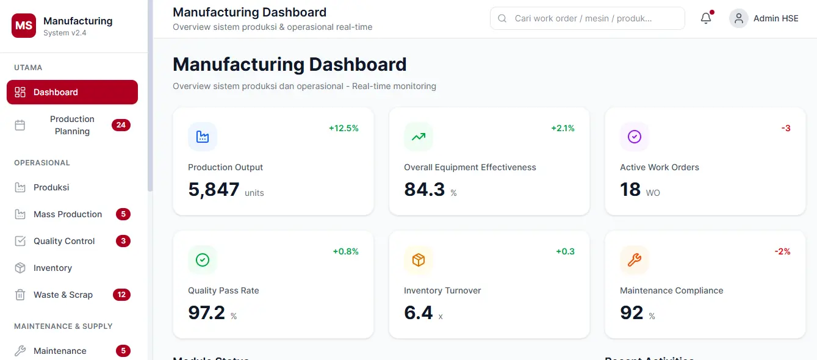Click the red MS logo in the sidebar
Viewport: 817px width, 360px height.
(x=24, y=26)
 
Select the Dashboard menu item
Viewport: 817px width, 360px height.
(x=72, y=92)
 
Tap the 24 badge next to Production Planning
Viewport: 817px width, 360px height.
(x=121, y=125)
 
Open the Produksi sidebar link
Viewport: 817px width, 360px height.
(x=51, y=187)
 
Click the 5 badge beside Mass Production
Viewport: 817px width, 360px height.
(x=123, y=214)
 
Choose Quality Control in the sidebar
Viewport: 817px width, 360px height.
(x=64, y=241)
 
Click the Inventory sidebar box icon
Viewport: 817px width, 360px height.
(x=20, y=268)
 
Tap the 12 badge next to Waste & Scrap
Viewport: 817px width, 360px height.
(x=121, y=295)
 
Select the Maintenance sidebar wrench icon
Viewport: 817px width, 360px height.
(x=20, y=351)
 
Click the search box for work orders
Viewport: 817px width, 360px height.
(x=587, y=18)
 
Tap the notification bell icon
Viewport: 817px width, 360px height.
(x=706, y=18)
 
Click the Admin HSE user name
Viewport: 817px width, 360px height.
(x=776, y=18)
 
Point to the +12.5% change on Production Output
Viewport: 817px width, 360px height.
(x=344, y=128)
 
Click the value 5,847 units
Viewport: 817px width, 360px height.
(x=214, y=190)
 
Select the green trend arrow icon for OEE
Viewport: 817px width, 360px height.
(x=419, y=137)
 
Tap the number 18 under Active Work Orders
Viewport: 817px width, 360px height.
(x=630, y=190)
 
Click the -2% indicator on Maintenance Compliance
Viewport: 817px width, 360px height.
(x=782, y=251)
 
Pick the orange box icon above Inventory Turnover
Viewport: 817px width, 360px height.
(x=419, y=260)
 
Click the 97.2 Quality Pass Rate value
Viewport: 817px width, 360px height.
(x=207, y=313)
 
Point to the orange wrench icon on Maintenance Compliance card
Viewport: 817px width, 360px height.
(x=635, y=260)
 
